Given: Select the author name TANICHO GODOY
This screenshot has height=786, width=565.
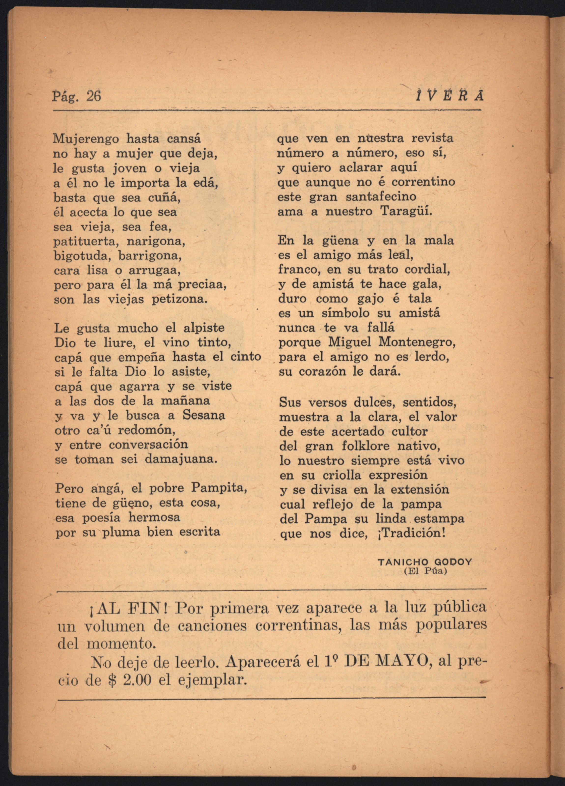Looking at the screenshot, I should (425, 562).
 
